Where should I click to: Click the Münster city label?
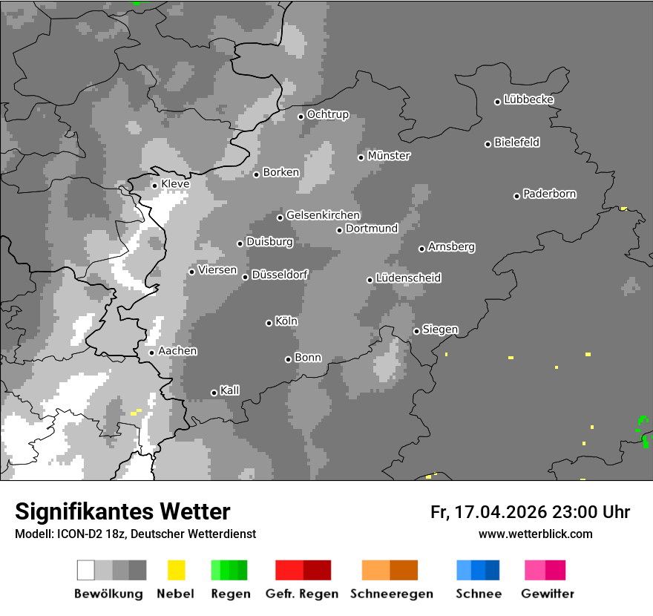[389, 156]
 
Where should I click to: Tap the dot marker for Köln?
[269, 323]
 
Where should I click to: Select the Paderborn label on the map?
[550, 194]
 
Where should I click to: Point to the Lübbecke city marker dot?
[498, 102]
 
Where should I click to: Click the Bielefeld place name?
[517, 142]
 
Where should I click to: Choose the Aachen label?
[177, 351]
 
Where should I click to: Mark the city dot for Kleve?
[154, 186]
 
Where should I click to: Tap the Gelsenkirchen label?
[323, 215]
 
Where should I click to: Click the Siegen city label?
[440, 330]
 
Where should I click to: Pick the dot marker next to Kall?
[214, 393]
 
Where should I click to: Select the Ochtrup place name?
[328, 115]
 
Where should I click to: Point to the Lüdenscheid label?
[409, 278]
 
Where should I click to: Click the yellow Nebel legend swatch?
[176, 570]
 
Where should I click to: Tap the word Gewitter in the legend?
[548, 594]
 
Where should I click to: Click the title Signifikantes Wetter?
[122, 511]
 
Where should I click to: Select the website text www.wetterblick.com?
[535, 534]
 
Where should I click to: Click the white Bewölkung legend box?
[86, 570]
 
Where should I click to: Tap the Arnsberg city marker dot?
[421, 249]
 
